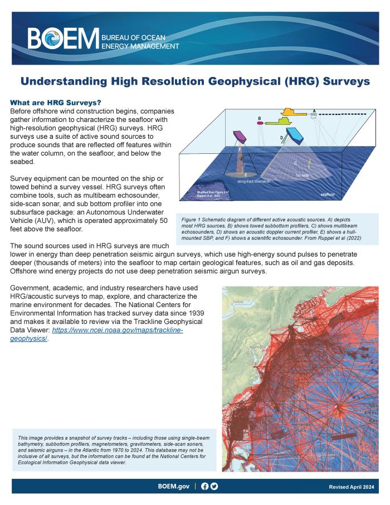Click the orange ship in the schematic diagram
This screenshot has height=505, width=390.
294,113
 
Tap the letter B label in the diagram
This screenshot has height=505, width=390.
260,118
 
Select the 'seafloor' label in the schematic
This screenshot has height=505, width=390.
331,195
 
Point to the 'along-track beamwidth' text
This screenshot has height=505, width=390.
254,182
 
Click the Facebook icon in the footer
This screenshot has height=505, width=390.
204,486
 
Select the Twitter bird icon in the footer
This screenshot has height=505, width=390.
214,486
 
